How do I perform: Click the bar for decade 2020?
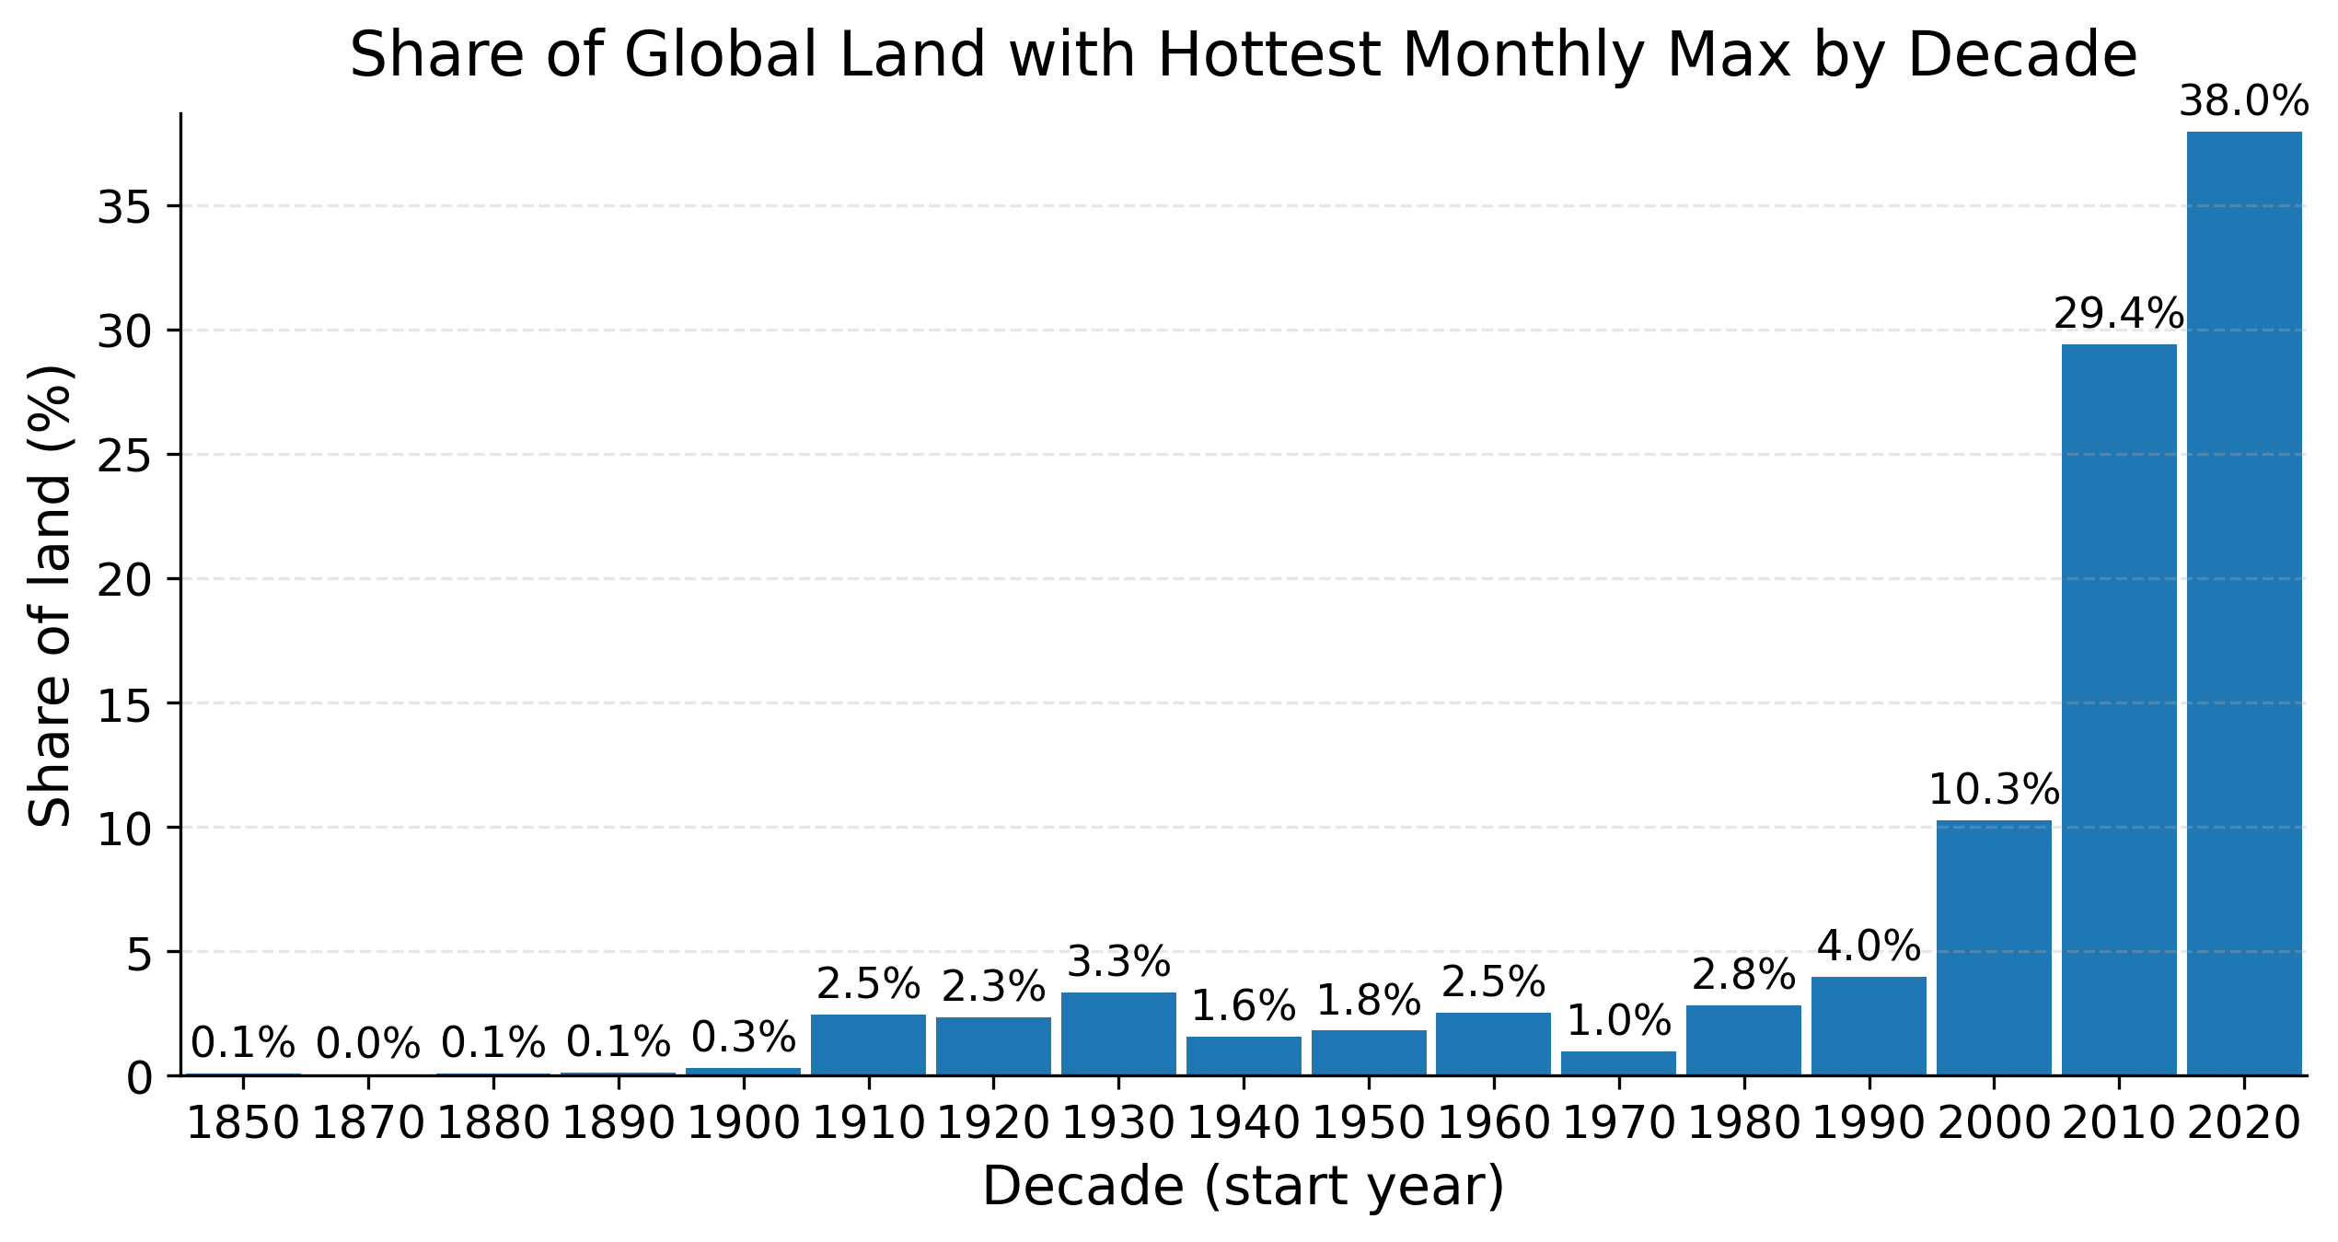coord(2243,603)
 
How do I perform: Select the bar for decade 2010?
coord(2119,709)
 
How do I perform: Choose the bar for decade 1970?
coord(1618,1062)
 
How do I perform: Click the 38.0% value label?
coord(2243,102)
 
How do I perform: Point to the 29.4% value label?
coord(2119,315)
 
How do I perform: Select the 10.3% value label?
coord(1994,790)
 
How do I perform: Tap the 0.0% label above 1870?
coord(368,1045)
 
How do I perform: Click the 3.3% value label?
coord(1118,963)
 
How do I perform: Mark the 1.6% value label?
coord(1244,1006)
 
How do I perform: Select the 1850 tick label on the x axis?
coord(243,1125)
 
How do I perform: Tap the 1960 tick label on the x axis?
coord(1493,1125)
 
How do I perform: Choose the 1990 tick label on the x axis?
coord(1869,1125)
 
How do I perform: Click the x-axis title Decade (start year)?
coord(1243,1186)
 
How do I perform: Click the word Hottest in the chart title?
coord(1269,55)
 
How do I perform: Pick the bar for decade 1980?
coord(1743,1039)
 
